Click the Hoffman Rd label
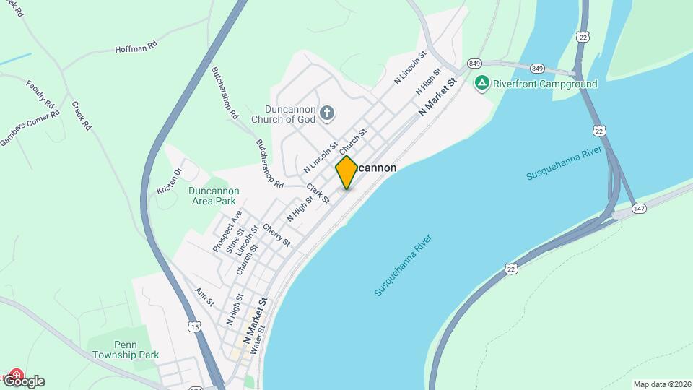pyautogui.click(x=136, y=48)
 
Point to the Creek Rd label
pyautogui.click(x=82, y=116)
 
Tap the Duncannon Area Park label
pyautogui.click(x=214, y=196)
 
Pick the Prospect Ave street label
pyautogui.click(x=227, y=231)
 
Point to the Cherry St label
pyautogui.click(x=276, y=235)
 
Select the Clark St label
pyautogui.click(x=317, y=194)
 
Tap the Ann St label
pyautogui.click(x=204, y=297)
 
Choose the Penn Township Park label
pyautogui.click(x=126, y=350)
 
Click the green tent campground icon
pyautogui.click(x=482, y=84)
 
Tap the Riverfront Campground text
pyautogui.click(x=545, y=84)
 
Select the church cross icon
pyautogui.click(x=327, y=113)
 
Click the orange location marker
pyautogui.click(x=347, y=172)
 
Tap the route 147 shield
pyautogui.click(x=639, y=208)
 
